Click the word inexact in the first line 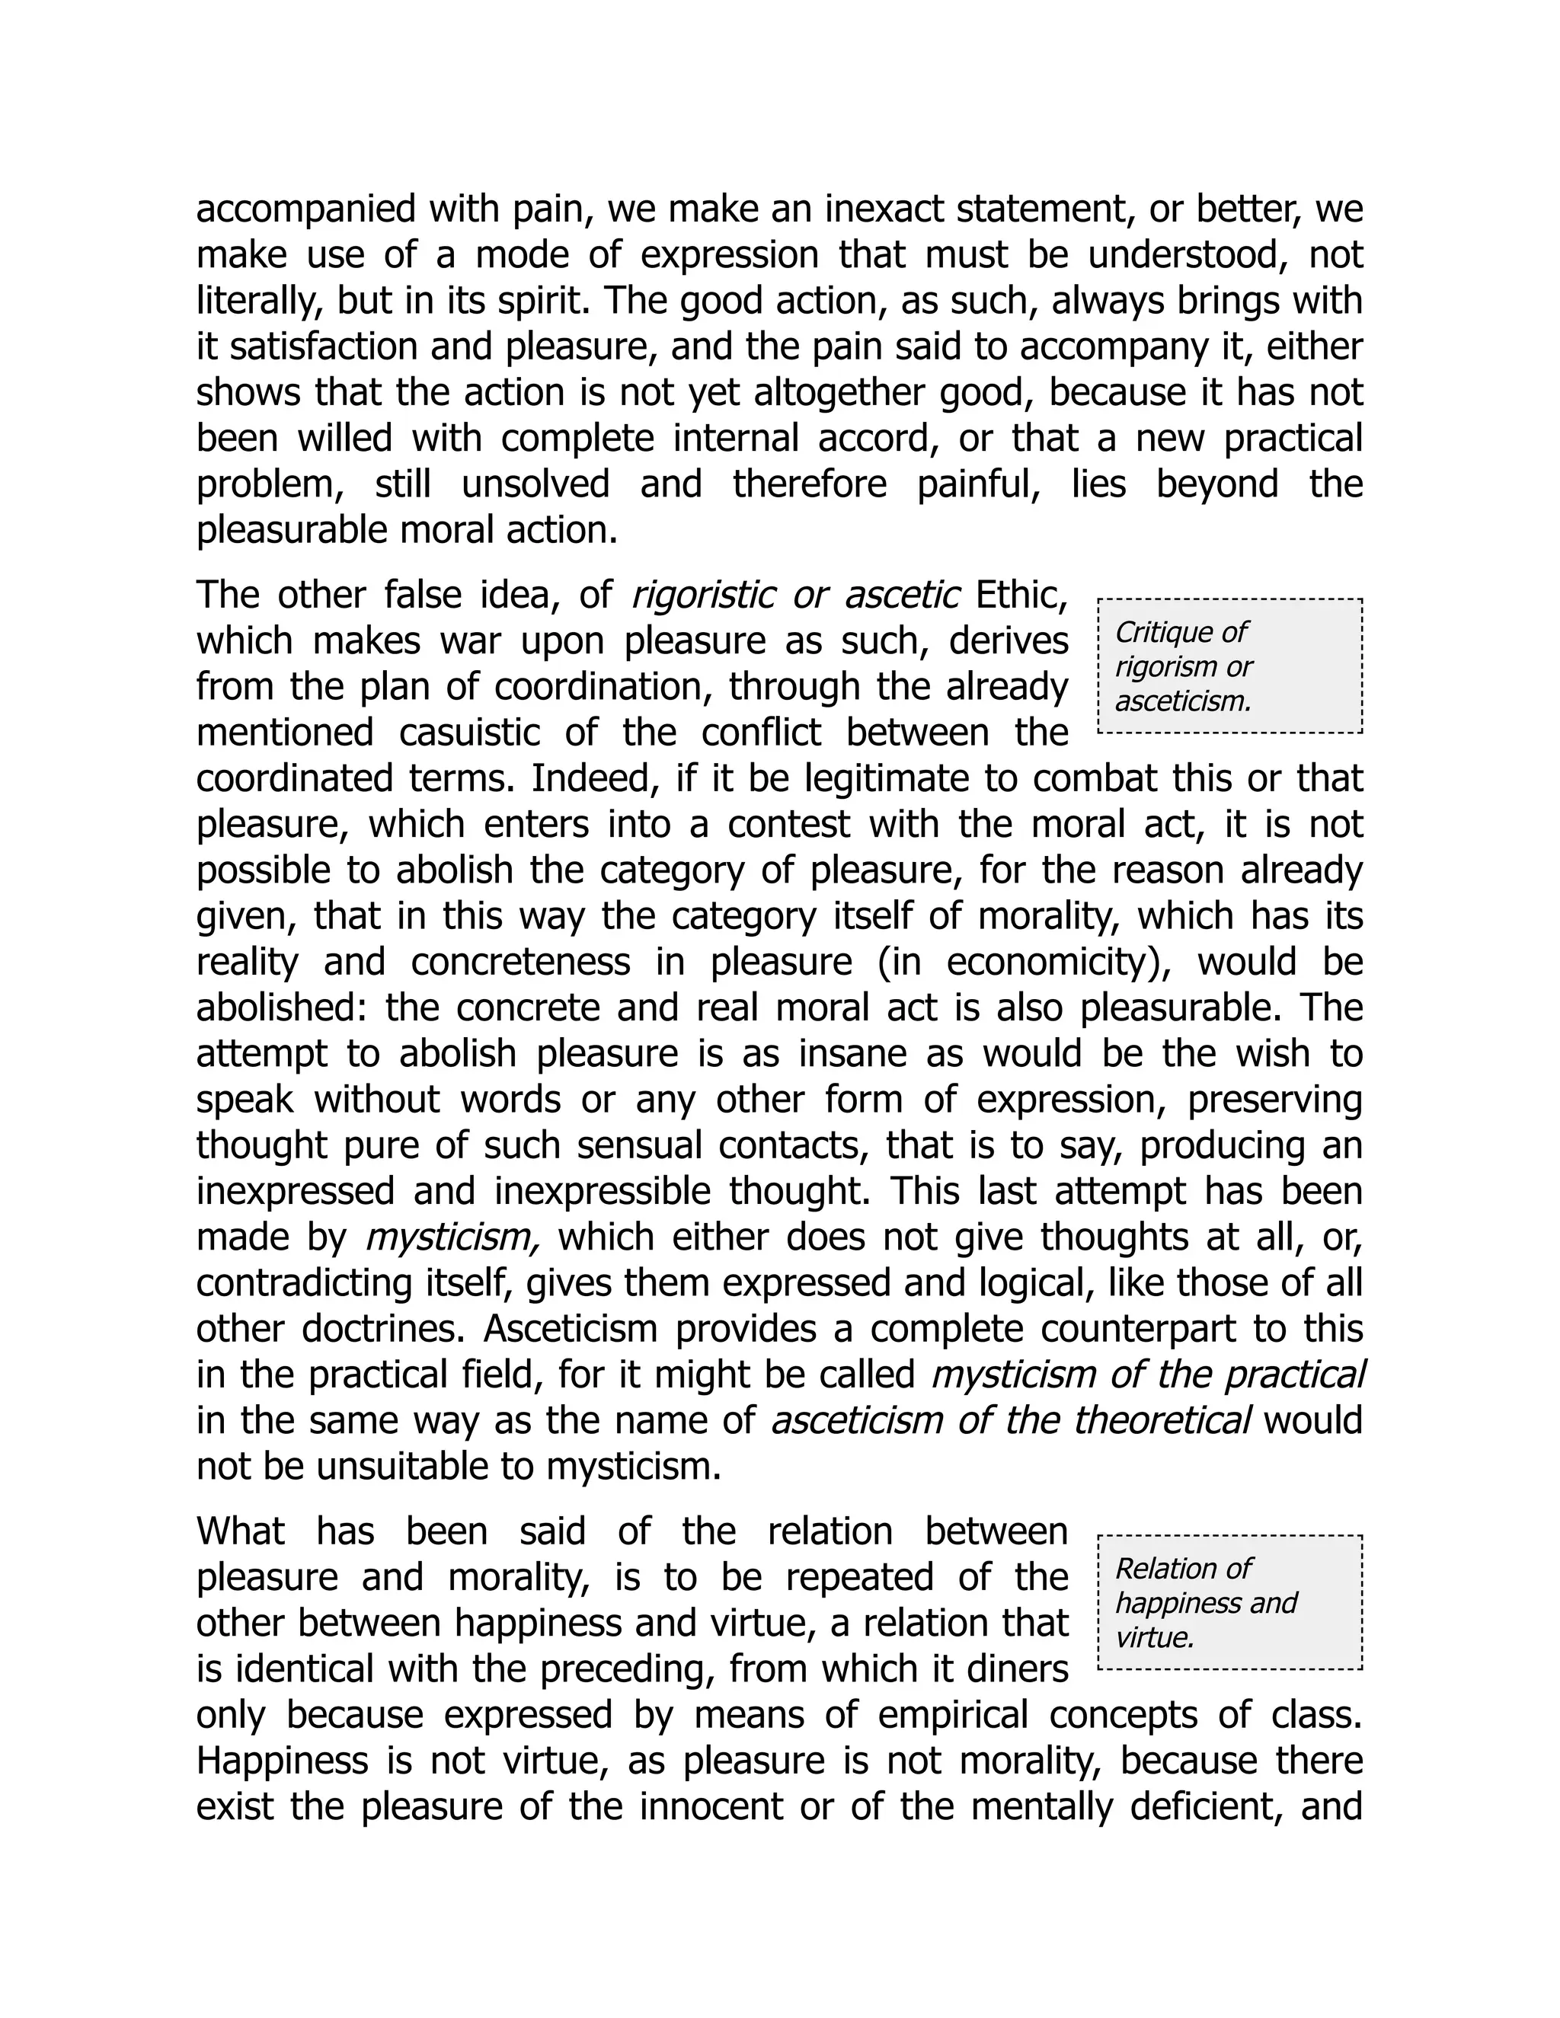[x=883, y=209]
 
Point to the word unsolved [x=535, y=484]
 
